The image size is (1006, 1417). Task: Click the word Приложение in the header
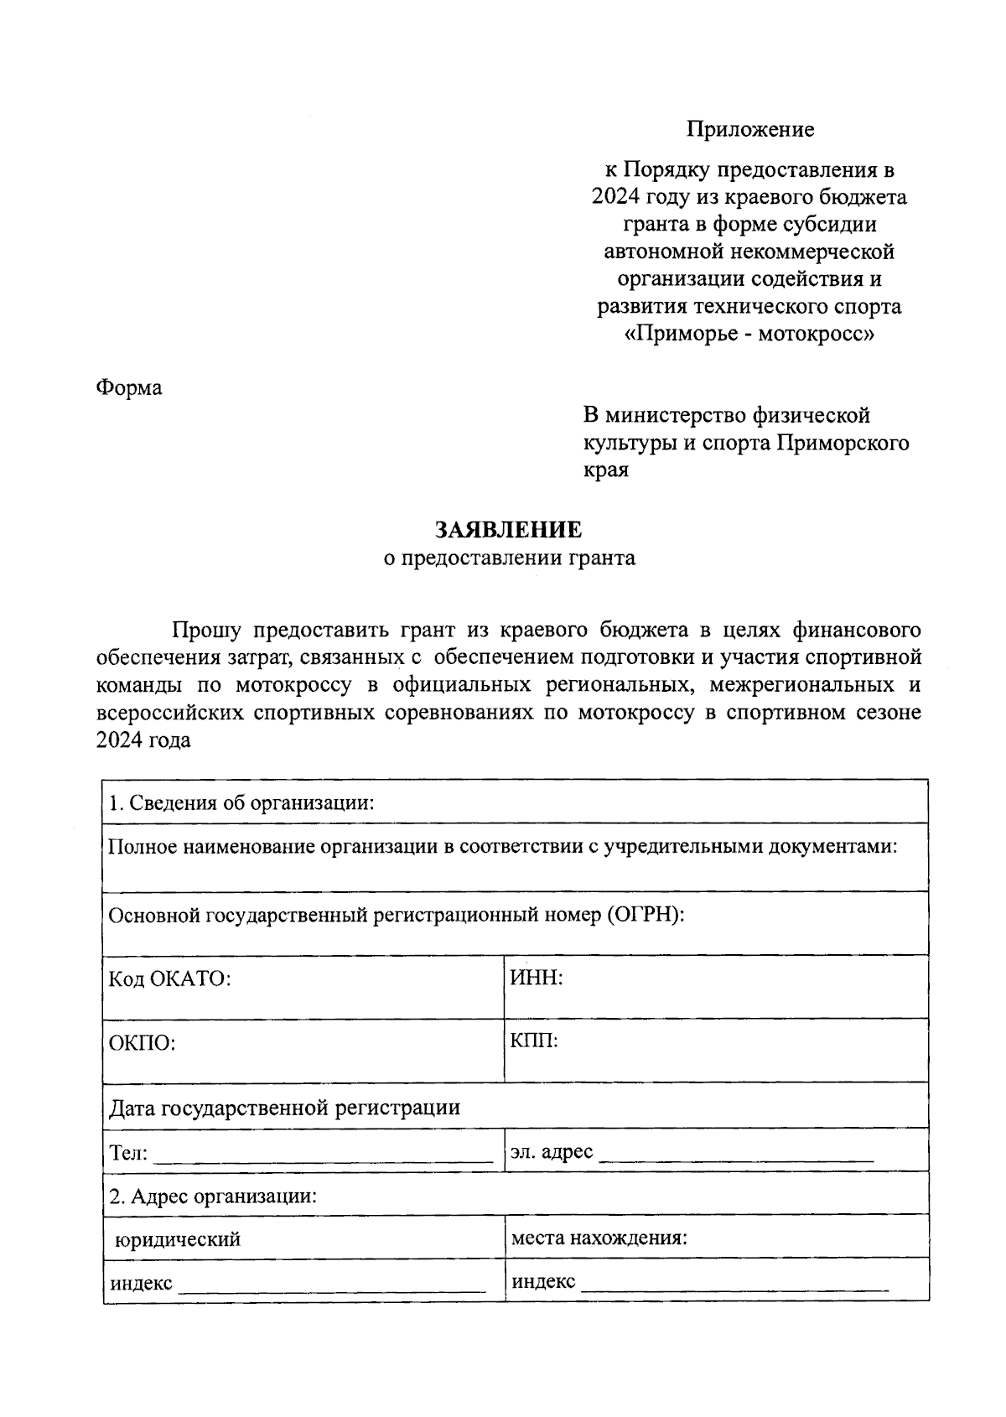click(x=750, y=130)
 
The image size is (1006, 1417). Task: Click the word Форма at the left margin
click(x=129, y=388)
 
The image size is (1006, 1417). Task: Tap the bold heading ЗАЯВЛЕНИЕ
click(x=508, y=530)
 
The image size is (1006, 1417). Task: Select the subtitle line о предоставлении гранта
click(x=509, y=558)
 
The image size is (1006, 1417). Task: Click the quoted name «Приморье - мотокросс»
click(x=749, y=334)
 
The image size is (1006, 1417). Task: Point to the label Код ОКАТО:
click(x=169, y=979)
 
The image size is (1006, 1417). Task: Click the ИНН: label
click(x=536, y=978)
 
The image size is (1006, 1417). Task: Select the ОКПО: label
click(x=142, y=1044)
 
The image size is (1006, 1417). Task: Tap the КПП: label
click(x=534, y=1041)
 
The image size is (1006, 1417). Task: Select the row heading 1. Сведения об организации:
click(x=241, y=803)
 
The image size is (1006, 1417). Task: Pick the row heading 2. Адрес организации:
click(x=213, y=1196)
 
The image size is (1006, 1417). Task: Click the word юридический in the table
click(x=178, y=1239)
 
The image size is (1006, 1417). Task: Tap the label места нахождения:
click(x=599, y=1238)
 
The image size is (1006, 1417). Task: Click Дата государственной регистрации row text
click(x=285, y=1108)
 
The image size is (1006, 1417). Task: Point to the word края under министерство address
click(x=605, y=470)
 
